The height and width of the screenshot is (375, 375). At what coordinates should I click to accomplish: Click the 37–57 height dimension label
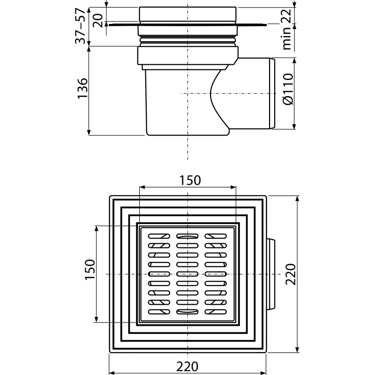tap(80, 26)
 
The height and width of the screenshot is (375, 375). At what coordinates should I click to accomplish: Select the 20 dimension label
tap(98, 21)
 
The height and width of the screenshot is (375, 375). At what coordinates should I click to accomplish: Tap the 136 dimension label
tap(82, 88)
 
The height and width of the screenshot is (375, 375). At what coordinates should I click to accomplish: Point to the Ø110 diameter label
tap(288, 89)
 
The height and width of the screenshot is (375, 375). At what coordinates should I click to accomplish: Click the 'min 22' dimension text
tap(287, 29)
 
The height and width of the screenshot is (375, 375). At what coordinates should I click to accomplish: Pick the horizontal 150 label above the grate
tap(190, 180)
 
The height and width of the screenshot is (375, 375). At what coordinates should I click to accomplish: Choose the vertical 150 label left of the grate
tap(90, 269)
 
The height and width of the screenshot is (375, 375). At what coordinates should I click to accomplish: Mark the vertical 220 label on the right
tap(291, 274)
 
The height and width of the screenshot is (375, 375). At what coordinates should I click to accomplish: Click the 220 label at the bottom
tap(187, 366)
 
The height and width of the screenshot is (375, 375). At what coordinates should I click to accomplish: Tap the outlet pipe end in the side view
tap(272, 93)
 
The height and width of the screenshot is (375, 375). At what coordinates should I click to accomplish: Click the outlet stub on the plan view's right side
tap(271, 274)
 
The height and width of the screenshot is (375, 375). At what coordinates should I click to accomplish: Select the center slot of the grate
tap(187, 274)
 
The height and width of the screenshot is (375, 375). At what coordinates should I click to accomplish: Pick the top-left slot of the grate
tap(159, 236)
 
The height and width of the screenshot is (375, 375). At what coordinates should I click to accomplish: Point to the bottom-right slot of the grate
tap(216, 312)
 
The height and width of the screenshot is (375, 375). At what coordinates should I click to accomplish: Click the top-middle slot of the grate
tap(187, 236)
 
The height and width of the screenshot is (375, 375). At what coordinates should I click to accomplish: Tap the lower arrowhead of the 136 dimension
tap(89, 132)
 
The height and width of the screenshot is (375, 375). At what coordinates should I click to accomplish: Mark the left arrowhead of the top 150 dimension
tap(142, 187)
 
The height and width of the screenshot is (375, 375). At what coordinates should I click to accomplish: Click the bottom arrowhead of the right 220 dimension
tap(297, 349)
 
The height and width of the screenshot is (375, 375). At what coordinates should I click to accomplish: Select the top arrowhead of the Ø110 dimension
tap(294, 61)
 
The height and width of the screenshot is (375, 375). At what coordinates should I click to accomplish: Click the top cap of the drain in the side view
tap(187, 14)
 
